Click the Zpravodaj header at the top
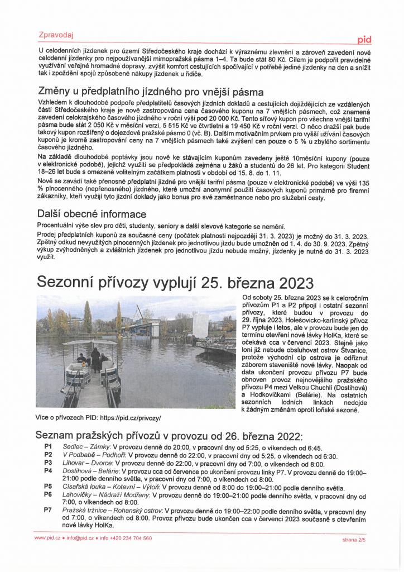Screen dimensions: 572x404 click(55, 34)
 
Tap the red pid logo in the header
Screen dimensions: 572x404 click(364, 39)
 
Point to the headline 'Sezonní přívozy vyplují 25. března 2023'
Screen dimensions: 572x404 click(175, 280)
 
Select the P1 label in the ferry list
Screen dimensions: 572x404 click(48, 447)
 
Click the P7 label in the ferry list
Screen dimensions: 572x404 click(48, 511)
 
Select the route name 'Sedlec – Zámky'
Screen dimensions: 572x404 click(86, 447)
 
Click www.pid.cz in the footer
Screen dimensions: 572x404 click(47, 538)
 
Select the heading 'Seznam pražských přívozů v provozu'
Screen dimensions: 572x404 click(167, 435)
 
